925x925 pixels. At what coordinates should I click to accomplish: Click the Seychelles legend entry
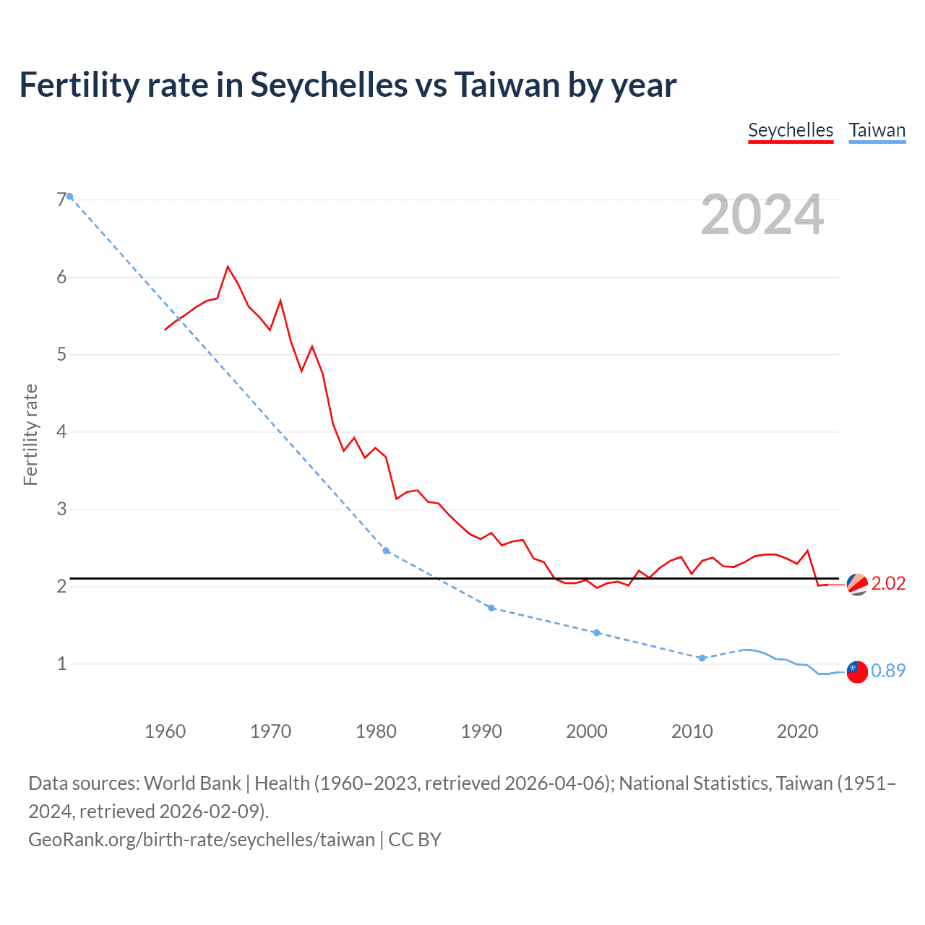[791, 130]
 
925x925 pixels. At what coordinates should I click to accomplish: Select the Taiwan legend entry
[877, 130]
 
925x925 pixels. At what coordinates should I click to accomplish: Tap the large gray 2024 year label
[762, 215]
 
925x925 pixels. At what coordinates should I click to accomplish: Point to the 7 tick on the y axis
[61, 200]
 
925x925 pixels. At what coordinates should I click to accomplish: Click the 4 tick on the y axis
[61, 432]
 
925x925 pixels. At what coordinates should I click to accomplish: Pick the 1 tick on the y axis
[61, 663]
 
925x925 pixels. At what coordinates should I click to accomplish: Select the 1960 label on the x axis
[165, 731]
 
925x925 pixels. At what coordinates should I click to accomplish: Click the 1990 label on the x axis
[481, 731]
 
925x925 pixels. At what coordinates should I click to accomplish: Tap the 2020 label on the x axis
[797, 731]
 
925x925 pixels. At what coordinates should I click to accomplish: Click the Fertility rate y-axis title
[30, 434]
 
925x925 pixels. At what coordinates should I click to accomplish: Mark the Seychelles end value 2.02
[888, 583]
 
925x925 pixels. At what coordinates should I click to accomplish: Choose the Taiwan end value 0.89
[888, 671]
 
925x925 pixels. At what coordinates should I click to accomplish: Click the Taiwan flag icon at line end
[857, 671]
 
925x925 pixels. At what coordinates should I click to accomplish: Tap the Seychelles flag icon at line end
[857, 584]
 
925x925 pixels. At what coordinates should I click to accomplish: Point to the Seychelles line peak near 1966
[228, 267]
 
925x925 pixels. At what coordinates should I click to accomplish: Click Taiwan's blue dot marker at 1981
[386, 551]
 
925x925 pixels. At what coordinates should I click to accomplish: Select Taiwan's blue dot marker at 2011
[702, 658]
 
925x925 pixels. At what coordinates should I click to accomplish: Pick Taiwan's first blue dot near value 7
[69, 197]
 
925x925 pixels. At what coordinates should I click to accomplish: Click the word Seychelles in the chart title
[329, 85]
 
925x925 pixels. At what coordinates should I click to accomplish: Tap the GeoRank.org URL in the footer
[202, 840]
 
